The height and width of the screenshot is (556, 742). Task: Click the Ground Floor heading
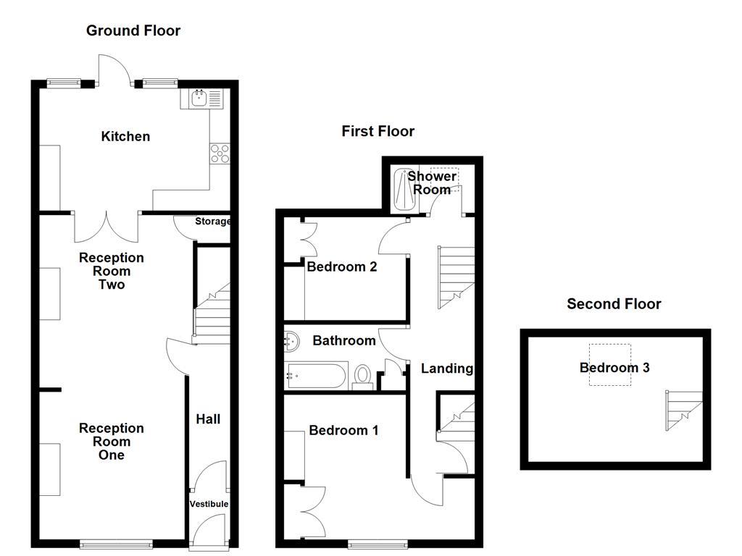click(x=133, y=30)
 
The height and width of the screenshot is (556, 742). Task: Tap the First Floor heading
click(x=378, y=131)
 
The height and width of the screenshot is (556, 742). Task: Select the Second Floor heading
click(x=614, y=304)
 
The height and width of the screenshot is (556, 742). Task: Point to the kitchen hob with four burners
click(x=220, y=153)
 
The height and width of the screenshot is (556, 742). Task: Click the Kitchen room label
click(x=125, y=136)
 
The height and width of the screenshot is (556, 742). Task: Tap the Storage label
click(x=212, y=222)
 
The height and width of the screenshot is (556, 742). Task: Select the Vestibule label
click(x=209, y=504)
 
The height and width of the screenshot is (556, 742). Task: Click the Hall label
click(x=208, y=418)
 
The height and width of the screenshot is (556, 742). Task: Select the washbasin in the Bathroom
click(x=292, y=339)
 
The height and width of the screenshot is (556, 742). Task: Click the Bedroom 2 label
click(x=342, y=266)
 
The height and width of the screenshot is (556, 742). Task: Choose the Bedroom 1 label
click(x=343, y=430)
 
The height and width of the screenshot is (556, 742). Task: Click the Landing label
click(x=447, y=368)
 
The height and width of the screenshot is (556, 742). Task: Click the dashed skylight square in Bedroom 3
click(x=609, y=364)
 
